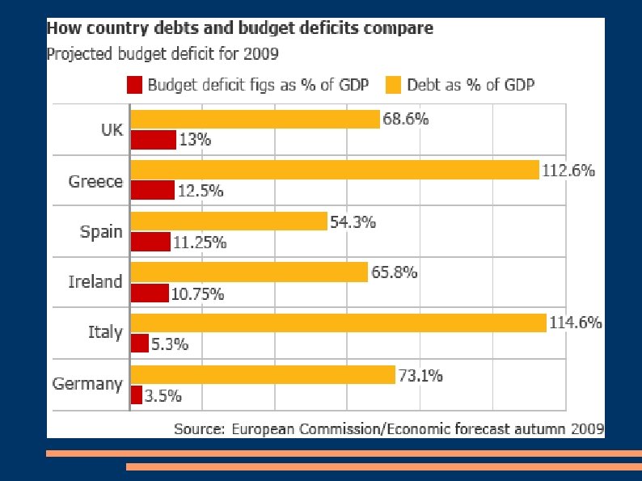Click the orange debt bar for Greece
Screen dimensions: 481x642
[x=334, y=170]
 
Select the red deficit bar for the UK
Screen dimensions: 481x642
[x=153, y=140]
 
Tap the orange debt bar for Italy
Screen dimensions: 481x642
[x=338, y=323]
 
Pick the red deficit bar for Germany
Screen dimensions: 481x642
[x=136, y=395]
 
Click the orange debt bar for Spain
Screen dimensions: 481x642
[x=228, y=221]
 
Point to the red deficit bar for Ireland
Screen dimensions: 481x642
[x=150, y=293]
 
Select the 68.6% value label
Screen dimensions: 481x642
[x=407, y=120]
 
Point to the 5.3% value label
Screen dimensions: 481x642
[x=171, y=344]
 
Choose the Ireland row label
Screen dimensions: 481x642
[x=95, y=282]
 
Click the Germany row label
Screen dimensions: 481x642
[x=87, y=384]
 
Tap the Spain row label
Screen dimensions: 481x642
[x=101, y=232]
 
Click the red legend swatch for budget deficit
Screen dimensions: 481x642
[x=134, y=84]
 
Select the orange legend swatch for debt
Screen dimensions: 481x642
[x=393, y=84]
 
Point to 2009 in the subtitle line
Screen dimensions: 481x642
[x=261, y=54]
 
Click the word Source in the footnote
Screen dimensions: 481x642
[x=199, y=428]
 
